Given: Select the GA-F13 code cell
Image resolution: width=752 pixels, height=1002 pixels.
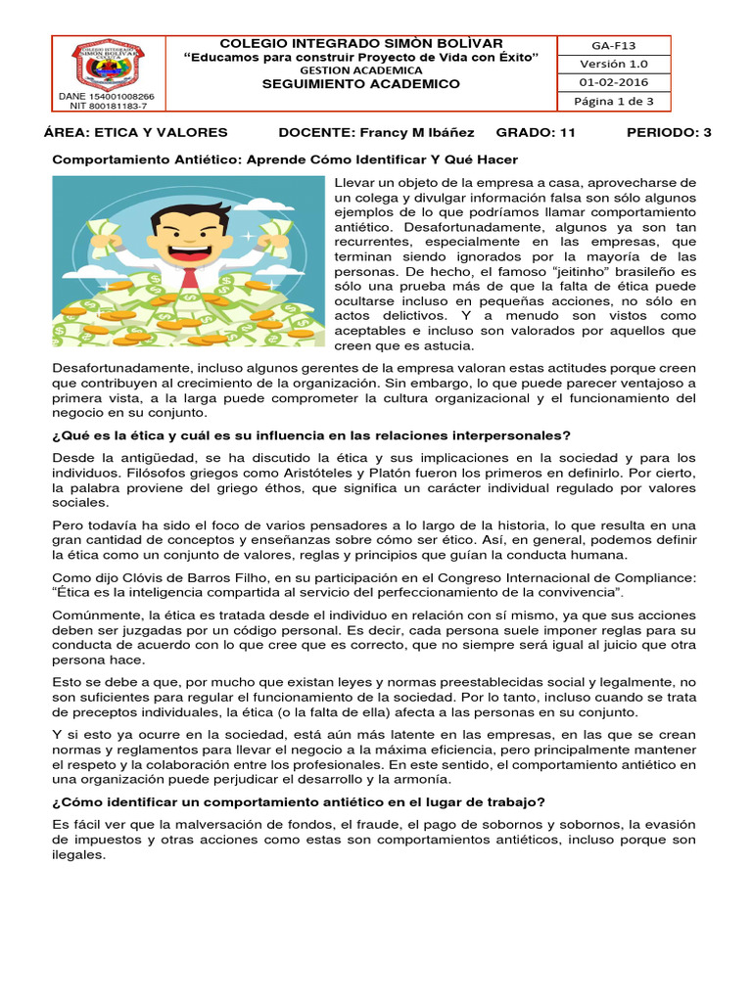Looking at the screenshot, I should (613, 45).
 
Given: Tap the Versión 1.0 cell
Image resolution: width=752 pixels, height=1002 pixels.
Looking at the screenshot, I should (613, 64).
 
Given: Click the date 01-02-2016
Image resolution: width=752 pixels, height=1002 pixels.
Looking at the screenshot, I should (613, 82).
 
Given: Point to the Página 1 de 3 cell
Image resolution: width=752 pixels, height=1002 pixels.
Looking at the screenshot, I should (613, 101).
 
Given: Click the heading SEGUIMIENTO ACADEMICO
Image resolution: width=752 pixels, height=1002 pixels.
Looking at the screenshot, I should (360, 84).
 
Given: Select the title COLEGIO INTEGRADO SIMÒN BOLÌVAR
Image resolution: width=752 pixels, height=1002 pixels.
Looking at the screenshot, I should (361, 43).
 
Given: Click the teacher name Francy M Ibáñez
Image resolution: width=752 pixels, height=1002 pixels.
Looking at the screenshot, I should (411, 132).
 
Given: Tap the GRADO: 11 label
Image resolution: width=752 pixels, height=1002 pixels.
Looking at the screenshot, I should (536, 132).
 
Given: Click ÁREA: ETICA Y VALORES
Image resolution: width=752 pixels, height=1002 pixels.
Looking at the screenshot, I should (136, 132).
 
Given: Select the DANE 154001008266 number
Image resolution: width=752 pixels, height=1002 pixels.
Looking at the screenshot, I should (111, 98).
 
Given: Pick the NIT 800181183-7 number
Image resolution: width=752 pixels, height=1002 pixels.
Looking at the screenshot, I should (111, 108).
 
